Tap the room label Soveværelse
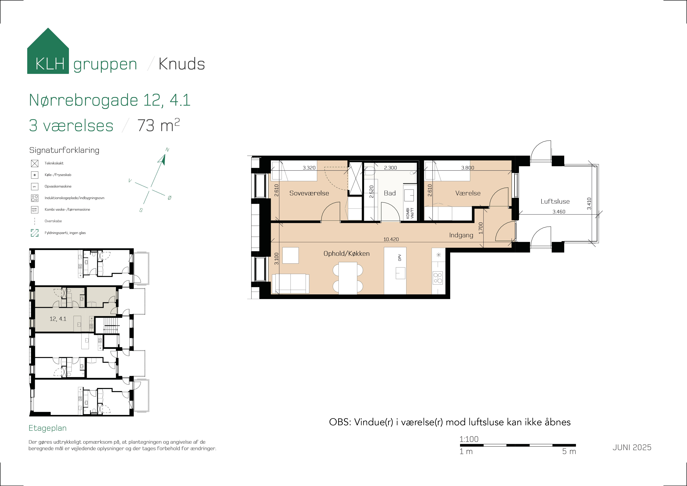click(309, 193)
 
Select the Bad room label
click(390, 193)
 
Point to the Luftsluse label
click(555, 201)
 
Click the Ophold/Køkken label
click(346, 253)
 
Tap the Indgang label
click(461, 235)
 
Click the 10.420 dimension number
click(391, 239)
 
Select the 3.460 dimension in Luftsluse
click(559, 212)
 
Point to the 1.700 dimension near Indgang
click(481, 228)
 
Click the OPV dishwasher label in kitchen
click(400, 258)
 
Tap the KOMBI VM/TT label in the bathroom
click(410, 213)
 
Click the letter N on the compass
click(167, 150)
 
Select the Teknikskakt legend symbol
click(35, 163)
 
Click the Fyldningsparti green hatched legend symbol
click(35, 233)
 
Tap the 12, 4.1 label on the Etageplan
click(58, 319)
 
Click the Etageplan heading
click(48, 428)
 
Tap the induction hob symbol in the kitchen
click(438, 278)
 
